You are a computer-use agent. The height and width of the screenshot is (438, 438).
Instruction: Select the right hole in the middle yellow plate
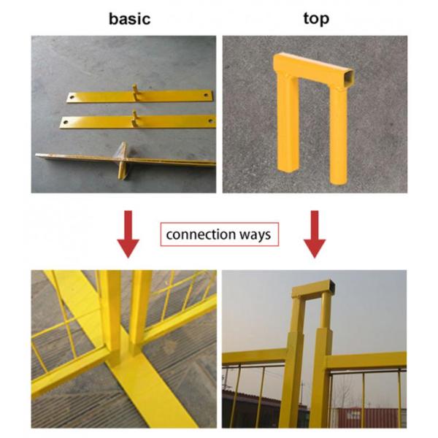(210, 121)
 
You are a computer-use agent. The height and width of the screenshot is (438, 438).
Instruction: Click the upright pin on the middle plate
(134, 114)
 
